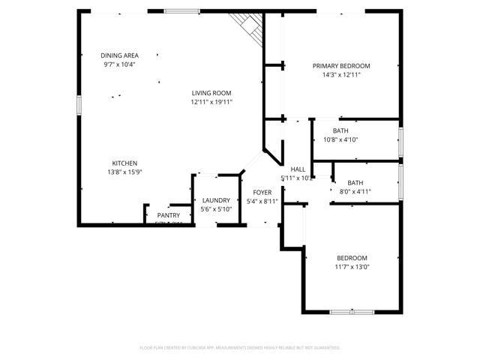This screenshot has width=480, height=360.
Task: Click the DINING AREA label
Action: (120, 55)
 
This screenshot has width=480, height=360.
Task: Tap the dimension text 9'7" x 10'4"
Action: (120, 64)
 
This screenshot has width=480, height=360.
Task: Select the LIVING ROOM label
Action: (211, 93)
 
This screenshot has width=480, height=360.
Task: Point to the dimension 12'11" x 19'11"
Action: (211, 102)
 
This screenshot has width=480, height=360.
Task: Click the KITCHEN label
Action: (124, 163)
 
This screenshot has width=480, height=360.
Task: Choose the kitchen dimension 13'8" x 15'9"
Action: (124, 172)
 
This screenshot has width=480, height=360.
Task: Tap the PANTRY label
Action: (168, 215)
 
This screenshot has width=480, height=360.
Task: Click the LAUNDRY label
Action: (216, 200)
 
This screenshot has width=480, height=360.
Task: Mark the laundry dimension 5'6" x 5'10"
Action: (216, 209)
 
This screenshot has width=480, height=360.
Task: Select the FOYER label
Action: (262, 193)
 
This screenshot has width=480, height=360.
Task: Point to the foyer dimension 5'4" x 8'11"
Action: (262, 202)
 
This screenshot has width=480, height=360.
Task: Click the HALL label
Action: (298, 169)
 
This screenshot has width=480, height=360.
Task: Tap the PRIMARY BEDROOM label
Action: (341, 66)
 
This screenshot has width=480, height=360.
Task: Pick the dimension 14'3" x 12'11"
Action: (341, 75)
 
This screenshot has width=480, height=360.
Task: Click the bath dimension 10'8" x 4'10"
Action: (340, 139)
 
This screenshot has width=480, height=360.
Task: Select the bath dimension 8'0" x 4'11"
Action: (355, 192)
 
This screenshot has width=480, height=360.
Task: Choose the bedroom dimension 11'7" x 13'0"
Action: (352, 266)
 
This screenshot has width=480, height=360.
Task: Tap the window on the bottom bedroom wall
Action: (352, 311)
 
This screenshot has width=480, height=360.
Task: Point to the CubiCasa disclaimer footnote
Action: (240, 348)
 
